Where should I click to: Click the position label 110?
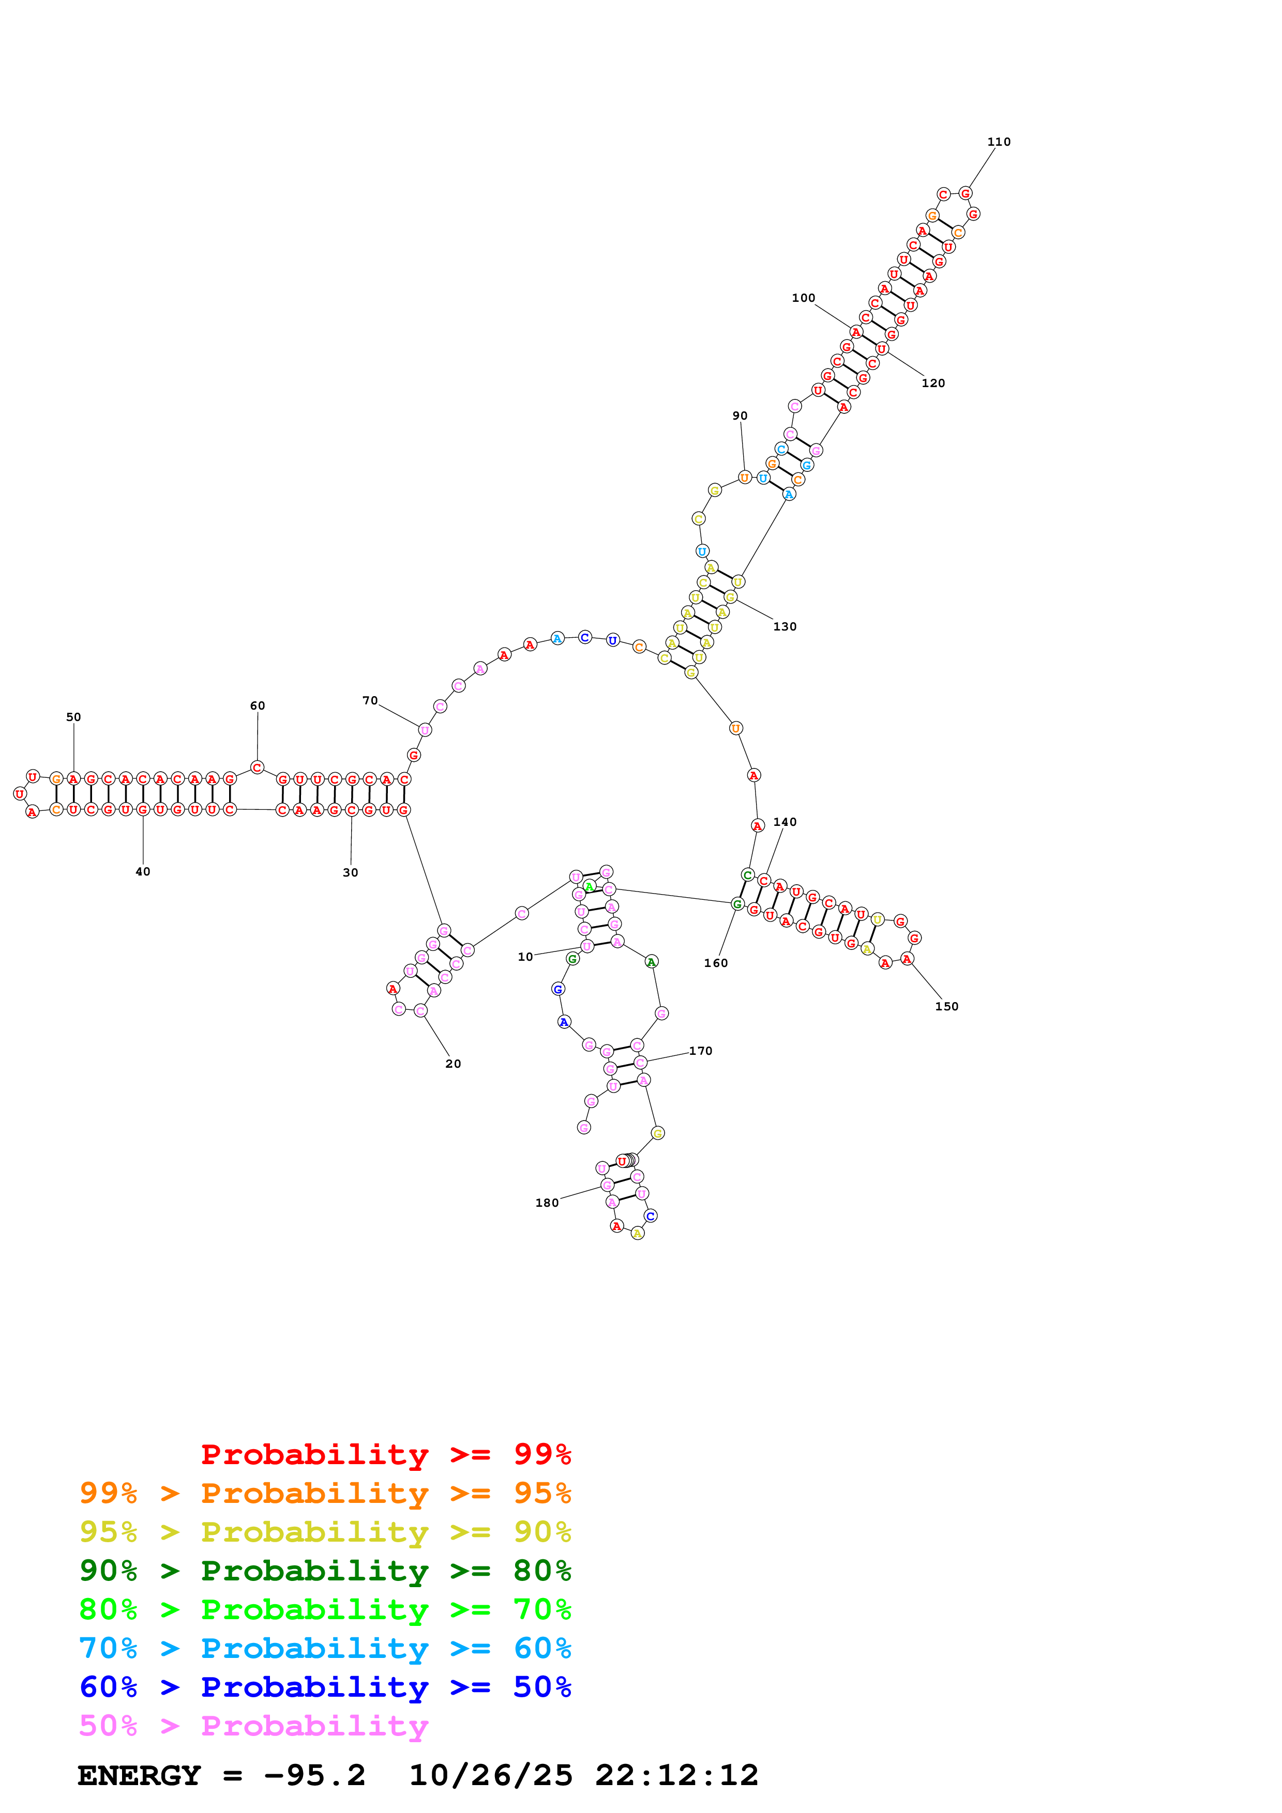(x=999, y=142)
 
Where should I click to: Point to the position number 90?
(x=740, y=416)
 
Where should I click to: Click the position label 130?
(x=785, y=626)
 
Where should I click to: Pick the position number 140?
(x=785, y=822)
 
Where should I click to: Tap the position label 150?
(x=946, y=1006)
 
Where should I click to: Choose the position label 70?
(x=370, y=700)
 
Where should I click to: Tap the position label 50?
(x=73, y=717)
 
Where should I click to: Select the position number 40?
(x=142, y=872)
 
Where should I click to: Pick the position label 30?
(x=350, y=872)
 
